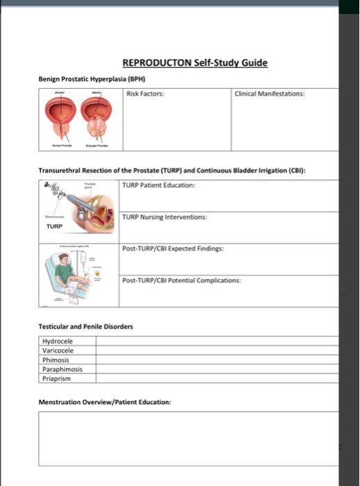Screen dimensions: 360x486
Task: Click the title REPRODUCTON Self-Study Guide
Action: [195, 63]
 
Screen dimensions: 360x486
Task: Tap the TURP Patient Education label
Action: [158, 185]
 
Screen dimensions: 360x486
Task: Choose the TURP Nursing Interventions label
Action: [164, 217]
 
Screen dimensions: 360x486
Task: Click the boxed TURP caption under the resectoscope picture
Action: [55, 226]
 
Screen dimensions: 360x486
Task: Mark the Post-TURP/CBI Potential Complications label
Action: [182, 280]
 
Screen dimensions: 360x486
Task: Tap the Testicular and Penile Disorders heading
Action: [85, 326]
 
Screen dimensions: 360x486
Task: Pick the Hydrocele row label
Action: [57, 341]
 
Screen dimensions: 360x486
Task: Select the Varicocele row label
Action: [58, 351]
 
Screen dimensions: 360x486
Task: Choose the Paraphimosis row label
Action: [63, 369]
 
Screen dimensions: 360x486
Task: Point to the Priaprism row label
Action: [57, 378]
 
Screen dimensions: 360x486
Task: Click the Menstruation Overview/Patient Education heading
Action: [104, 402]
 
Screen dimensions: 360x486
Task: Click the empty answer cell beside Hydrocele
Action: [215, 341]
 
